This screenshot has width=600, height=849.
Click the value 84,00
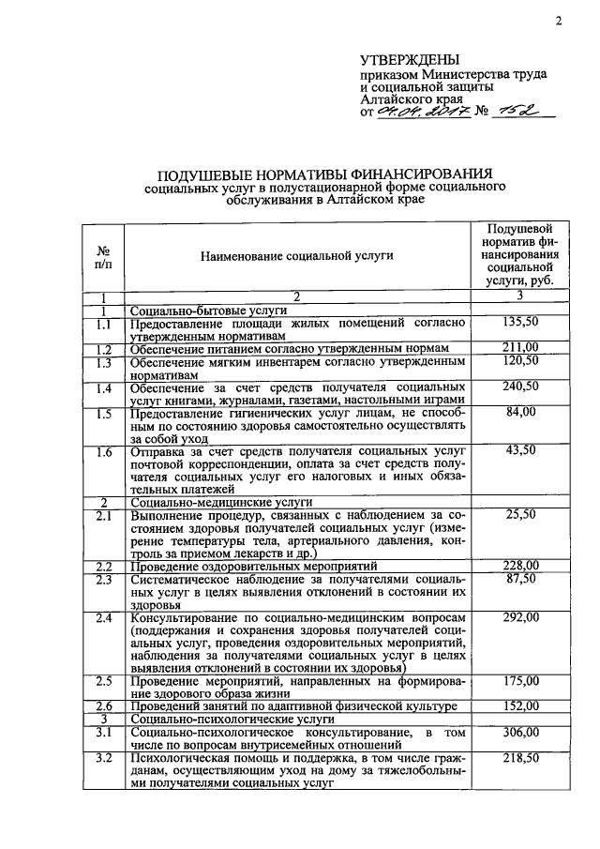coord(519,412)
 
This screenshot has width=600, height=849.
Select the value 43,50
coord(519,450)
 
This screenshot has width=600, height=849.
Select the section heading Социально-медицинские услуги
coord(209,502)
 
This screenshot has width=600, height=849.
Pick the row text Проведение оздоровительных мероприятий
coord(253,566)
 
